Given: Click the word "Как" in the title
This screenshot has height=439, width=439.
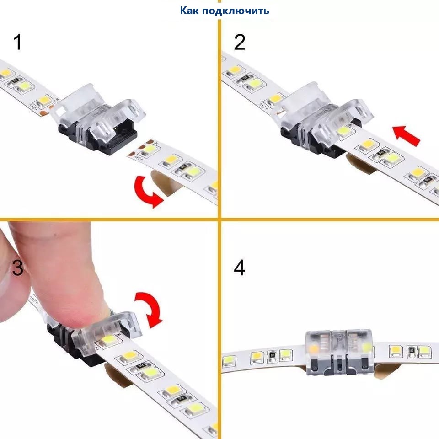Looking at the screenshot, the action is pos(189,11).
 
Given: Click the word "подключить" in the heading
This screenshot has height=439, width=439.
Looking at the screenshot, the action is pos(236,11).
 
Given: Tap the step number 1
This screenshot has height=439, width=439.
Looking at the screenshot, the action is pos(18,42).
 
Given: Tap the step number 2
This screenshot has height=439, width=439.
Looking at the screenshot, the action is pos(240,42).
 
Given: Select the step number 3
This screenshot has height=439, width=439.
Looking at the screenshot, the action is pos(17,267).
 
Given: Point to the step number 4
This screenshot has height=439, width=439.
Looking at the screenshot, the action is pos(239,268).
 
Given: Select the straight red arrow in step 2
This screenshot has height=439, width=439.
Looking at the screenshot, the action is pos(406,136).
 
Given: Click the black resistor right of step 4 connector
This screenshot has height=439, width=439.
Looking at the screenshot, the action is pos(411,350).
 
